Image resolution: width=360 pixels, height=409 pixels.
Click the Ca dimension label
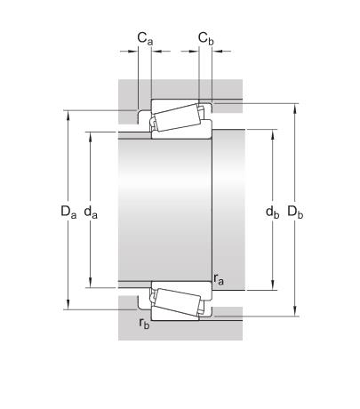coord(143,38)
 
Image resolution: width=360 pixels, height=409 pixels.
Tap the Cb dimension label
coord(205,38)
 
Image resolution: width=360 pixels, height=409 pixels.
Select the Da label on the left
coord(68,212)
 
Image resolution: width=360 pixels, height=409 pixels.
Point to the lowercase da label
coord(90,212)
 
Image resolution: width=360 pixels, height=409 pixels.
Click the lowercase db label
coord(272,212)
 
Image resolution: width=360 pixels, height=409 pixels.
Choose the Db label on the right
coord(296,212)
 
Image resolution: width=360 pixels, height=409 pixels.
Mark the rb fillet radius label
coord(144,324)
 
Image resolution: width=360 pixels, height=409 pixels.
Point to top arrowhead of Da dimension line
coord(68,113)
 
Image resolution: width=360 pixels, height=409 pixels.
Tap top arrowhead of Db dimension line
coord(296,106)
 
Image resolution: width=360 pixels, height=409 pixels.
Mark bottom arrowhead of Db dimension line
coord(296,314)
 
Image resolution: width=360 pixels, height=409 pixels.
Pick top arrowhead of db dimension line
coord(272,132)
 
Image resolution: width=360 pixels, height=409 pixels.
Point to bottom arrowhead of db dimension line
coord(272,287)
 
